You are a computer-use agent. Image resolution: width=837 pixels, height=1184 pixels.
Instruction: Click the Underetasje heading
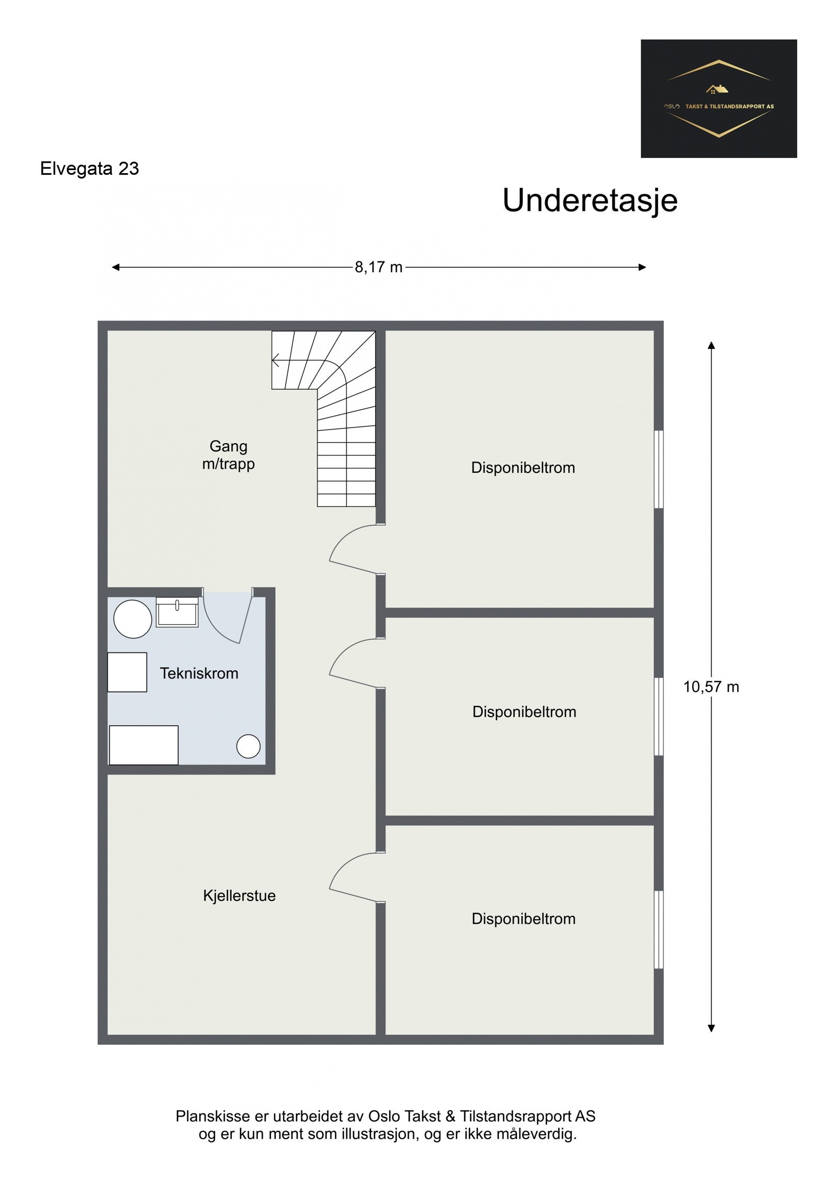click(x=590, y=200)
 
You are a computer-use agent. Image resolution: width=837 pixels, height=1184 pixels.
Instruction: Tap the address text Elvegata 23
click(x=89, y=168)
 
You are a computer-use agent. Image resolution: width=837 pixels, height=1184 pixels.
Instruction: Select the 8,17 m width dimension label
click(x=379, y=267)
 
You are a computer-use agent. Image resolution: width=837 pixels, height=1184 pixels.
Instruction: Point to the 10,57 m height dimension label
click(x=711, y=687)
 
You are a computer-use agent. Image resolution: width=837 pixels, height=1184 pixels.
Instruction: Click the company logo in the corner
click(x=718, y=98)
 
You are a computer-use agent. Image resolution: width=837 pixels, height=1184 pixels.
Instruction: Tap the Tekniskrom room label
click(x=199, y=673)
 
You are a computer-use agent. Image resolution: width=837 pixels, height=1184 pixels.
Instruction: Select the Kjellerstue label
click(x=239, y=896)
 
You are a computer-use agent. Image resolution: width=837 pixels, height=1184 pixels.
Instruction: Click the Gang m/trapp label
click(x=229, y=455)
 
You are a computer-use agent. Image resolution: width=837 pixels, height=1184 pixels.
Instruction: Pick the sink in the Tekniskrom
click(x=177, y=612)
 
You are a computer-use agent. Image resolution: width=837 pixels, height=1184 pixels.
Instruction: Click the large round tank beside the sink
click(x=133, y=619)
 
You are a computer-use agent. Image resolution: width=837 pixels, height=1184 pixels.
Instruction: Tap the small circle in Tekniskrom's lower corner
click(x=248, y=746)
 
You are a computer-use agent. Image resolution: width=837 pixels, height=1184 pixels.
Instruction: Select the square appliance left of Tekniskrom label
click(x=127, y=672)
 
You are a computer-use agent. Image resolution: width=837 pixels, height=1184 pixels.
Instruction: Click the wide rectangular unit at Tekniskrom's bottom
click(x=143, y=745)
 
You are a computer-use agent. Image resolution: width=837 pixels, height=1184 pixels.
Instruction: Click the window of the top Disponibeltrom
click(x=659, y=469)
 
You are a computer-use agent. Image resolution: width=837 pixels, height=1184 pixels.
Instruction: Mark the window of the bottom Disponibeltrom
click(x=659, y=930)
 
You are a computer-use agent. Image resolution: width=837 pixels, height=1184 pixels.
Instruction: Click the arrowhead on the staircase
click(x=276, y=360)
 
